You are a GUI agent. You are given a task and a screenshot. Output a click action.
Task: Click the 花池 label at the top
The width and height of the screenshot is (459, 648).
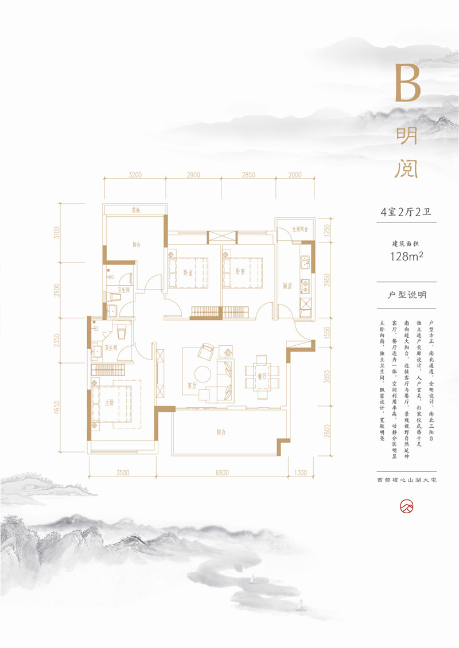click(x=135, y=210)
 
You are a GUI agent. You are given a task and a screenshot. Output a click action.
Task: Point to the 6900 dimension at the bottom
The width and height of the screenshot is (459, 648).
click(x=222, y=473)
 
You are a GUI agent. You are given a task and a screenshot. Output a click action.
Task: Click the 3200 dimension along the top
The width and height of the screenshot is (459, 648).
click(x=135, y=175)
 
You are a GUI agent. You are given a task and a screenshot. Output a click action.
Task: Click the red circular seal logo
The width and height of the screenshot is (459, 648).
click(x=407, y=507)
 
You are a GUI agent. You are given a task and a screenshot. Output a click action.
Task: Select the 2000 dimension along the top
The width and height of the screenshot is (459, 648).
click(x=295, y=175)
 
